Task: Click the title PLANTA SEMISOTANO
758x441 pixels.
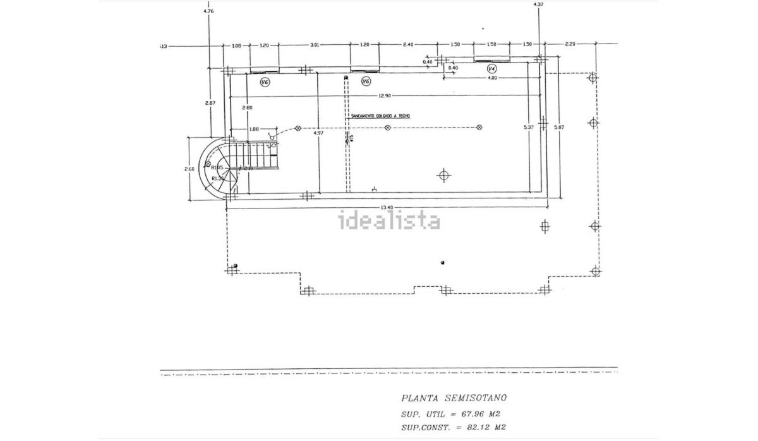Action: (454, 398)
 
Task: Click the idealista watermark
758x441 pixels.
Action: (390, 221)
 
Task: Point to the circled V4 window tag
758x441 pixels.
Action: (493, 68)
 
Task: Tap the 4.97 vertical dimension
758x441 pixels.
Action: (318, 133)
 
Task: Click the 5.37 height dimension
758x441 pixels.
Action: (529, 128)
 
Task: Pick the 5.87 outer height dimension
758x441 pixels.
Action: (558, 128)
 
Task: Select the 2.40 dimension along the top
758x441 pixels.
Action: (409, 45)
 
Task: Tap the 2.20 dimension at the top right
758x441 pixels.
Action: (570, 45)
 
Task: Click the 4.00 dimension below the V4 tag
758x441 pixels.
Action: (493, 78)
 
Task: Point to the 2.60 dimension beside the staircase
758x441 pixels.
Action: (189, 169)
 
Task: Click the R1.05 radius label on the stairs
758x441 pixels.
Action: (219, 167)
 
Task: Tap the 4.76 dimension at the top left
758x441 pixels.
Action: (208, 11)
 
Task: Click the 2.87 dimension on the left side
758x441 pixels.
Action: (210, 102)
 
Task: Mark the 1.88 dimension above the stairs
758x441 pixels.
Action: (254, 129)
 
